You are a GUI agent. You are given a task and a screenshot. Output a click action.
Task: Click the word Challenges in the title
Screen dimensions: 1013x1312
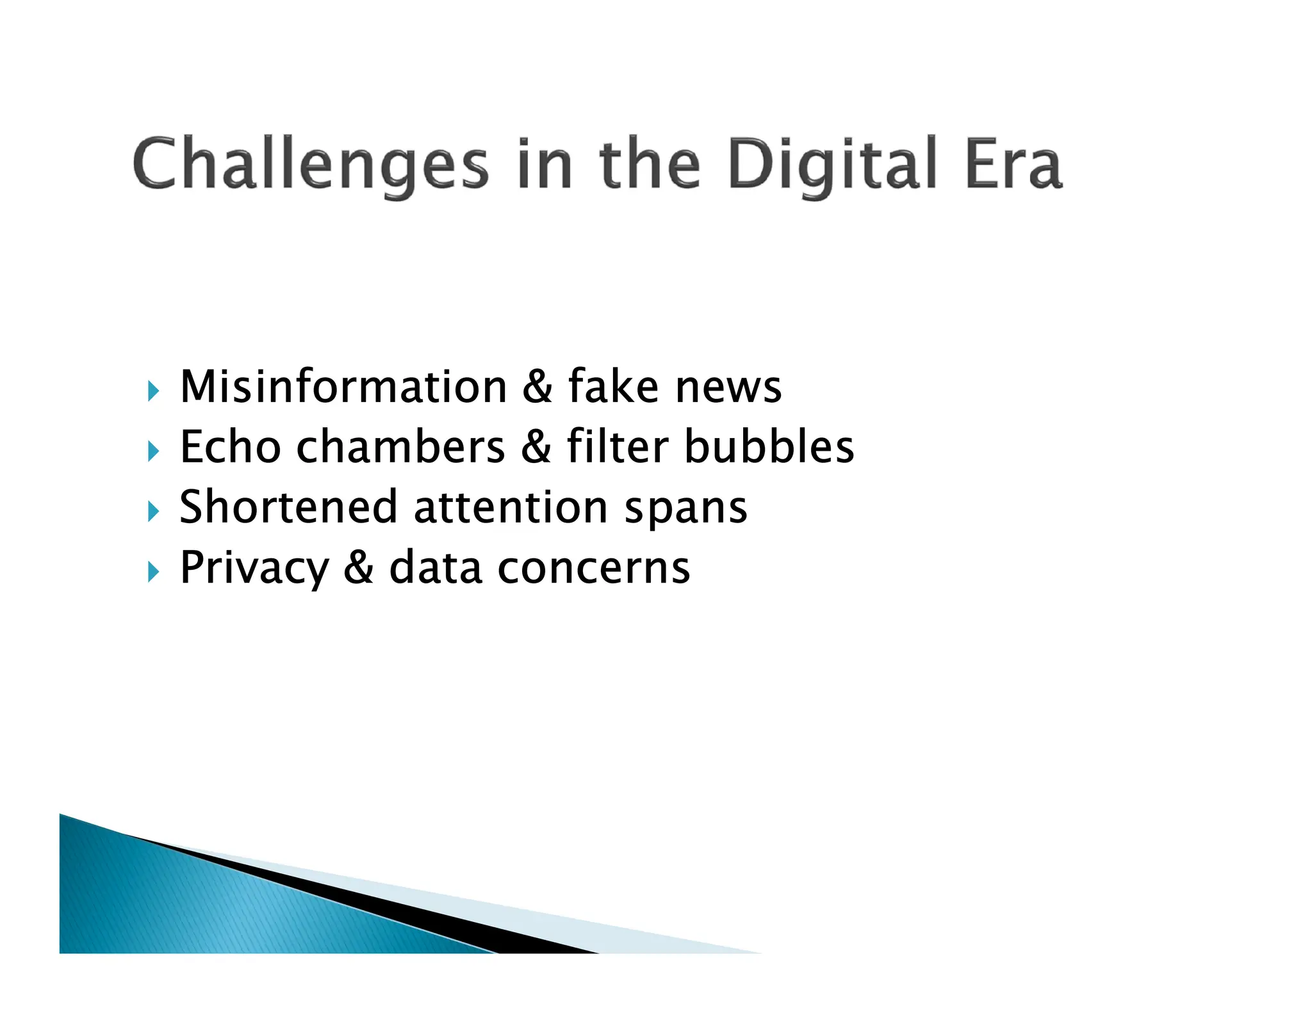tap(311, 164)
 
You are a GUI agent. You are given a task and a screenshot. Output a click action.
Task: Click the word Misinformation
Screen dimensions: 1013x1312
tap(344, 387)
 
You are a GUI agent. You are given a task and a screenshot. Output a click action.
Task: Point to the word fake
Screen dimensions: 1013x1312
tap(613, 387)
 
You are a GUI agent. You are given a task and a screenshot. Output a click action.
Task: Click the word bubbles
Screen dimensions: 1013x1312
tap(769, 446)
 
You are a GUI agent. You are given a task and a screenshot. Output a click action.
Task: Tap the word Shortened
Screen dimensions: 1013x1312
tap(288, 506)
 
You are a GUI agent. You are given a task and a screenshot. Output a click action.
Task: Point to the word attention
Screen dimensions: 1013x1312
tap(511, 506)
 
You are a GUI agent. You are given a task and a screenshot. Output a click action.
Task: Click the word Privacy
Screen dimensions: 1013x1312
tap(254, 568)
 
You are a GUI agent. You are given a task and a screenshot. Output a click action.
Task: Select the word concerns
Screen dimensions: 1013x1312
tap(593, 568)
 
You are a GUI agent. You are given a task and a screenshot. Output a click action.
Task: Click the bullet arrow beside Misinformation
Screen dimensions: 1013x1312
tap(152, 391)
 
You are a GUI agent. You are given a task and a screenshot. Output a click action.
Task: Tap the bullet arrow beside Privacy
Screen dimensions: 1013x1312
tap(152, 572)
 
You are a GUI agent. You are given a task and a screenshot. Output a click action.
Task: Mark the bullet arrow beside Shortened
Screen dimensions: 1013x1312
tap(152, 512)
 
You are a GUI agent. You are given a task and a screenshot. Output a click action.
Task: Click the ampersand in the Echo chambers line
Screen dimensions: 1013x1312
tap(536, 446)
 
